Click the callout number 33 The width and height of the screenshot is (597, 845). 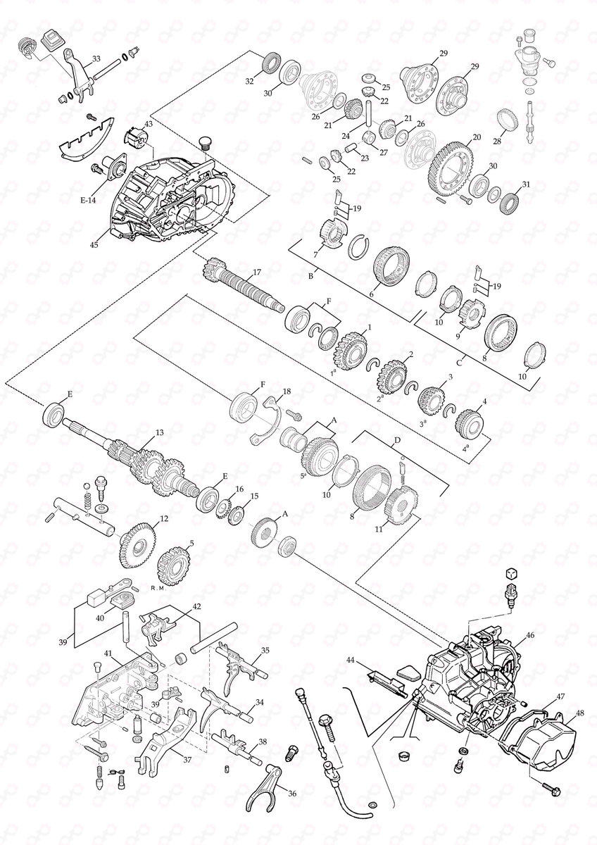[96, 58]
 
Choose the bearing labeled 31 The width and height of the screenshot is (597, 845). [511, 201]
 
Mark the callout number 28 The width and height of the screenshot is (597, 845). [498, 142]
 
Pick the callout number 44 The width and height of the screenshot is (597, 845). [350, 660]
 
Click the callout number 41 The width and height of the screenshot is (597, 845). [108, 653]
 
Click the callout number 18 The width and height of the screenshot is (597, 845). [286, 391]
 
